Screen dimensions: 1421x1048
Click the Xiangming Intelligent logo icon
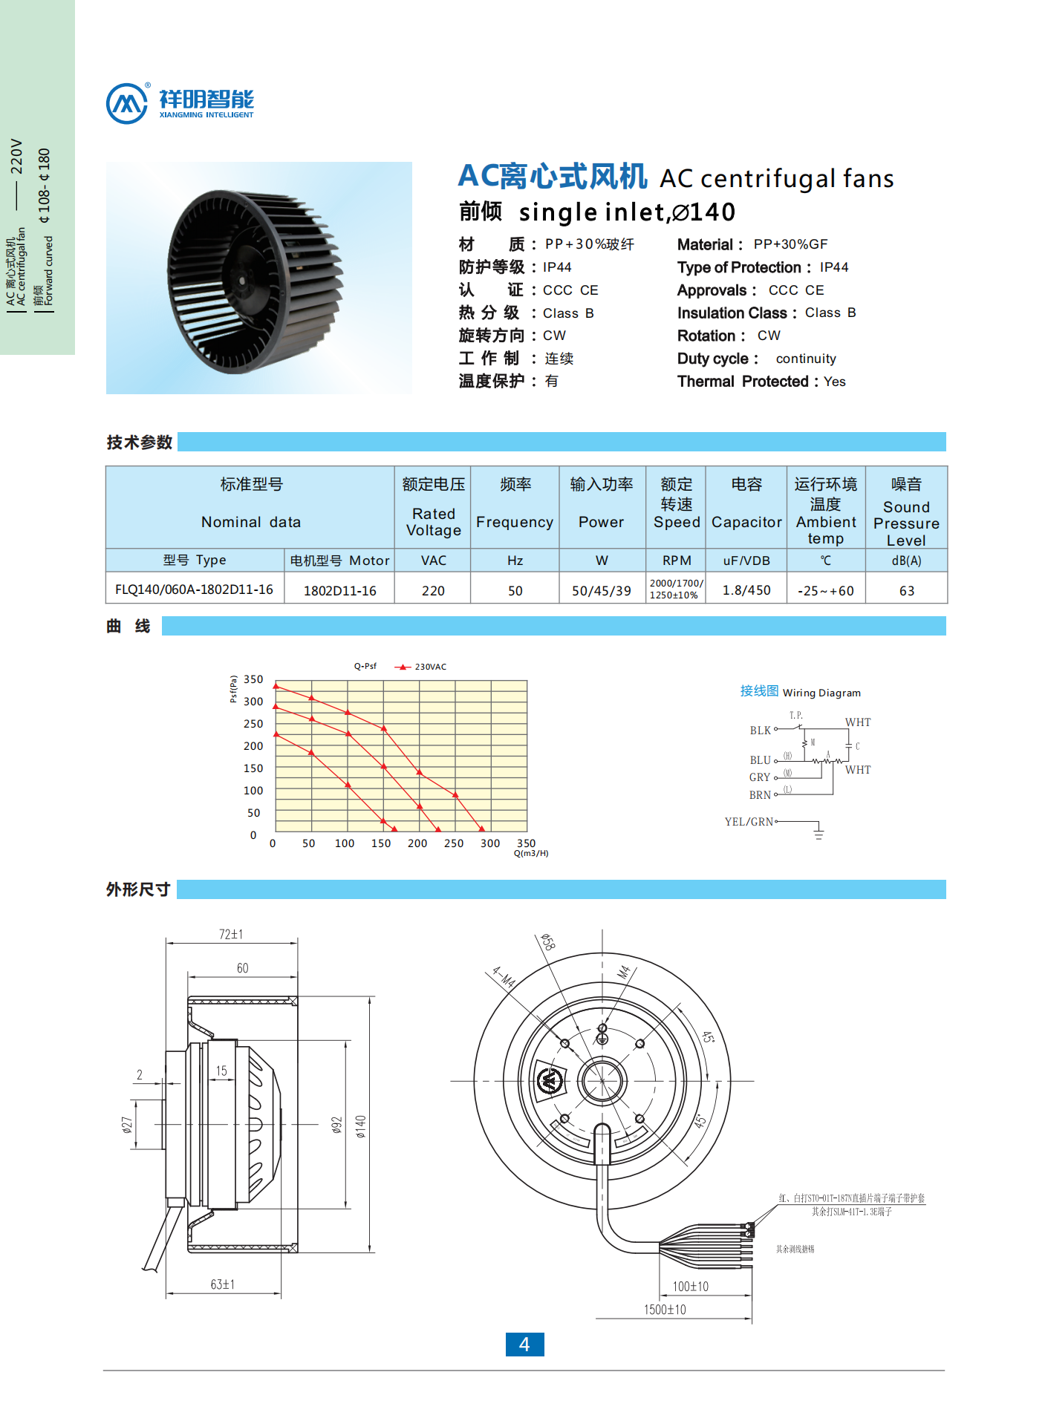click(x=127, y=103)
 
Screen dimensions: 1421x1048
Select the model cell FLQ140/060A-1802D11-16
click(x=194, y=589)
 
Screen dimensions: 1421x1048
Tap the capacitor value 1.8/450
click(x=746, y=590)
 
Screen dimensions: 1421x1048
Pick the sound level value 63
click(x=906, y=591)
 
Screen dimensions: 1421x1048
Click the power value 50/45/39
click(x=601, y=591)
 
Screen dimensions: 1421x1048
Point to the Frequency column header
click(x=515, y=522)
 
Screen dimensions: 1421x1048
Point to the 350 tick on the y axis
click(x=253, y=679)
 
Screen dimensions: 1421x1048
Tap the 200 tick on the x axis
click(x=417, y=843)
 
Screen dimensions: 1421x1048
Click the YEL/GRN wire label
click(x=749, y=822)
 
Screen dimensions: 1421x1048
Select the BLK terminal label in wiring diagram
click(x=760, y=731)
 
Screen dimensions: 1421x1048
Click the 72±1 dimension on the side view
click(x=231, y=935)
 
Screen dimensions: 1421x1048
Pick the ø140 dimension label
click(x=361, y=1126)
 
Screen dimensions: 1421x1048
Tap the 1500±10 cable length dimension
click(x=665, y=1310)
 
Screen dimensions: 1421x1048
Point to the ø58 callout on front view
click(x=548, y=942)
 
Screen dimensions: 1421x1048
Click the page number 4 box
click(x=524, y=1345)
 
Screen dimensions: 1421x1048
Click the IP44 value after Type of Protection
click(x=833, y=267)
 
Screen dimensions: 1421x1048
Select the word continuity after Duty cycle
click(x=806, y=359)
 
